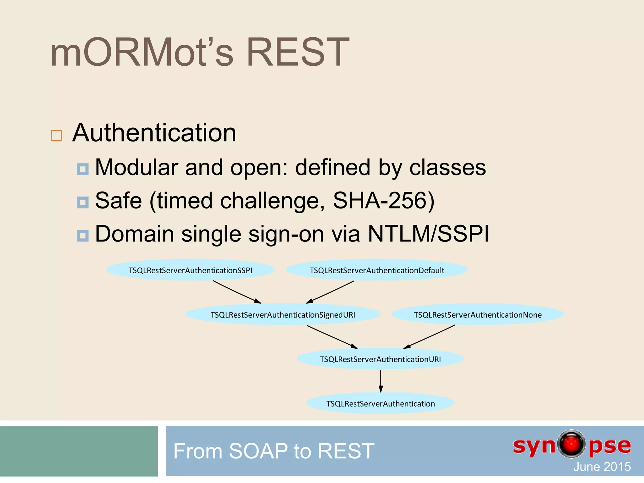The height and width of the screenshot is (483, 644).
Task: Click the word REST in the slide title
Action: point(297,53)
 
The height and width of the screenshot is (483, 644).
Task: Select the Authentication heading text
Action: point(154,133)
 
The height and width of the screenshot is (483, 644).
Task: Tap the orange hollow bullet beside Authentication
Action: point(57,136)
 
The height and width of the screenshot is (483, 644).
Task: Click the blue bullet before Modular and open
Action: point(83,169)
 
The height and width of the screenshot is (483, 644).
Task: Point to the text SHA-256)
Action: point(384,201)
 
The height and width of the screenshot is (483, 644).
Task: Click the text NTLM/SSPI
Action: point(428,234)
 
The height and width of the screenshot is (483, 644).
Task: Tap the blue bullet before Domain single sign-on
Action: point(83,236)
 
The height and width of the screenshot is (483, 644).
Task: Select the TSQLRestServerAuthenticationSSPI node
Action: point(190,270)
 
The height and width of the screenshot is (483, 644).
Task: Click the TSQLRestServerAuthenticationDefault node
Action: point(377,270)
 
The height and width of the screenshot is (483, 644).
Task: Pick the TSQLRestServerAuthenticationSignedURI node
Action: point(283,315)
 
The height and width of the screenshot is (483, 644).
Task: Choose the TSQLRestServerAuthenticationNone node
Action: point(478,315)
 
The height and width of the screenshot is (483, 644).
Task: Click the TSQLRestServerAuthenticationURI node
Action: point(380,359)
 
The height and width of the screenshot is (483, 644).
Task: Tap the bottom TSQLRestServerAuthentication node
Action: point(380,404)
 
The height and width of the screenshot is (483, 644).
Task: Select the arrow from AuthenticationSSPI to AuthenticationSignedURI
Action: point(237,292)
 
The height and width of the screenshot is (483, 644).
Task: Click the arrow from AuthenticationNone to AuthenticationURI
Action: point(429,337)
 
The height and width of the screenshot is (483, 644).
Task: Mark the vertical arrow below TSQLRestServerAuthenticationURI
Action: point(381,381)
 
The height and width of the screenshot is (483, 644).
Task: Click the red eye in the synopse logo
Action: point(571,444)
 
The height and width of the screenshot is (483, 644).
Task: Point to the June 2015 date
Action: point(602,467)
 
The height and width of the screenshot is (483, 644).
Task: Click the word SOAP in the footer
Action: point(258,451)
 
